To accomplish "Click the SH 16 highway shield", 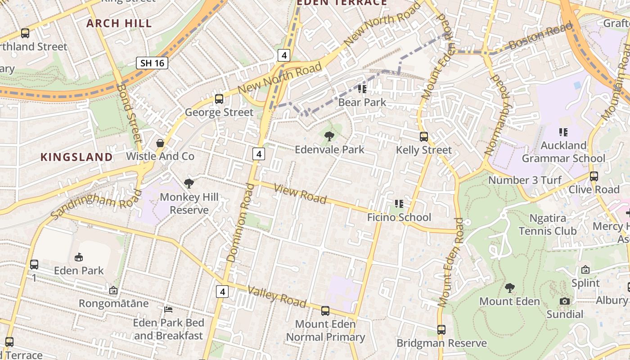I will point(152,63).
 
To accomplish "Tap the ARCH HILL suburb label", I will point(119,23).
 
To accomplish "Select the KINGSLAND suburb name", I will point(76,157).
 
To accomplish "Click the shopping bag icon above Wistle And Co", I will point(160,143).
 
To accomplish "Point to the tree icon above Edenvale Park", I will point(329,136).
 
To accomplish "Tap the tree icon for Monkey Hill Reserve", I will point(189,183).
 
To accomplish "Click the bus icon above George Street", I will point(219,99).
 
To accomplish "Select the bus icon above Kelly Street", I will point(424,137).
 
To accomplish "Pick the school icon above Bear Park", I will point(362,89).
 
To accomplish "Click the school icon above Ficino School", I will point(399,204).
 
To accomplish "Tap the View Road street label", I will point(300,194).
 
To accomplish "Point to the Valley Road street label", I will point(277,297).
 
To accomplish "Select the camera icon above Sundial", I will point(565,301).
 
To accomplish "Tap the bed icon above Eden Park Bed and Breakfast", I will point(168,310).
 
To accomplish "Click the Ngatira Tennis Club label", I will point(548,225).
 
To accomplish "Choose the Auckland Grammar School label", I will point(563,152).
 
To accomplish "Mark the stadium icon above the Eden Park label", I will point(79,257).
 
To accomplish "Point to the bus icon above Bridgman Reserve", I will point(441,330).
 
